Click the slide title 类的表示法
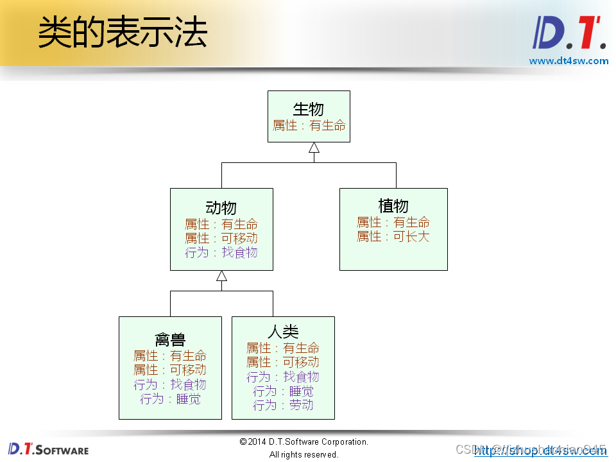pyautogui.click(x=122, y=32)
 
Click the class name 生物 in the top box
pyautogui.click(x=309, y=109)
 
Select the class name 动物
pyautogui.click(x=221, y=207)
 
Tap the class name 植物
pyautogui.click(x=393, y=206)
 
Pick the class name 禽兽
pyautogui.click(x=170, y=339)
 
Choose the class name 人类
pyautogui.click(x=283, y=332)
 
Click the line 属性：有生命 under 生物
pyautogui.click(x=309, y=126)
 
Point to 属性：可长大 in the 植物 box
pyautogui.click(x=393, y=237)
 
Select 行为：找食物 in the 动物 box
pyautogui.click(x=221, y=252)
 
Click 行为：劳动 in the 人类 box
pyautogui.click(x=283, y=405)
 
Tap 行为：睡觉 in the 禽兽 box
pyautogui.click(x=170, y=398)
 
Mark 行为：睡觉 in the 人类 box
pyautogui.click(x=283, y=391)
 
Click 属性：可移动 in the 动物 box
pyautogui.click(x=221, y=238)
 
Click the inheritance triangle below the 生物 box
pyautogui.click(x=314, y=148)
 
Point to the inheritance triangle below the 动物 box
pyautogui.click(x=221, y=276)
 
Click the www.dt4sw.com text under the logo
pyautogui.click(x=569, y=61)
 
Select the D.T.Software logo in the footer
pyautogui.click(x=48, y=449)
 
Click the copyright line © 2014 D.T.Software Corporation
pyautogui.click(x=304, y=441)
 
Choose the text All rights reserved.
pyautogui.click(x=304, y=454)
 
